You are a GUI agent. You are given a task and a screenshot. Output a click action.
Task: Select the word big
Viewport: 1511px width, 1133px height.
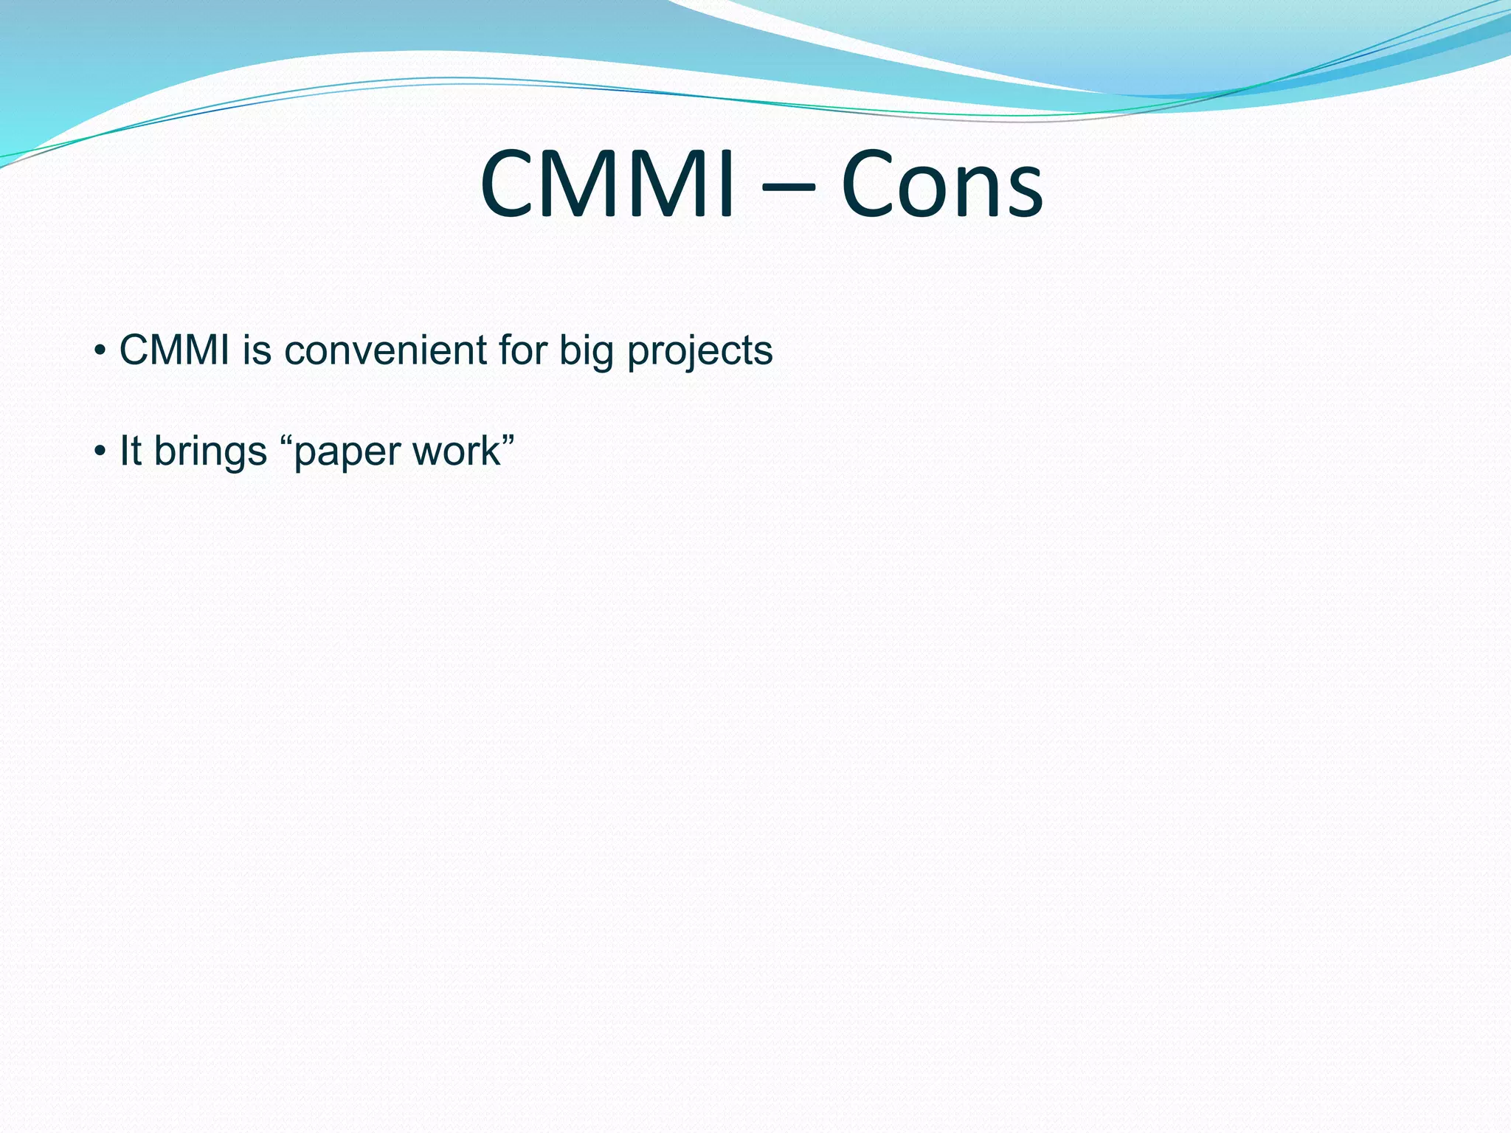click(x=587, y=351)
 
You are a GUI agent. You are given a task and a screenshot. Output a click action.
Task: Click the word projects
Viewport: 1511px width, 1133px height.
click(x=699, y=351)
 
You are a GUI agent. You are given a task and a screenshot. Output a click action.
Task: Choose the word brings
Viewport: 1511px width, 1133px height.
click(x=210, y=451)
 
